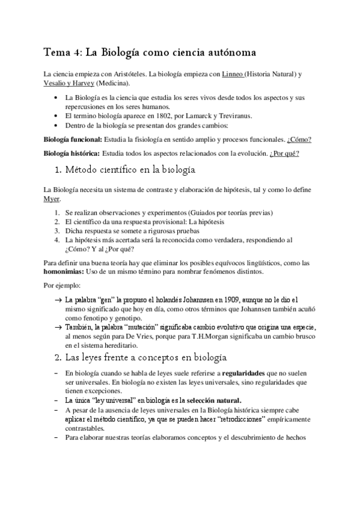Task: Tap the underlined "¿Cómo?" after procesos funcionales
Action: click(299, 140)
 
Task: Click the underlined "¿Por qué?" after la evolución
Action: click(285, 153)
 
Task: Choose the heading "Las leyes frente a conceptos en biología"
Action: click(149, 358)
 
